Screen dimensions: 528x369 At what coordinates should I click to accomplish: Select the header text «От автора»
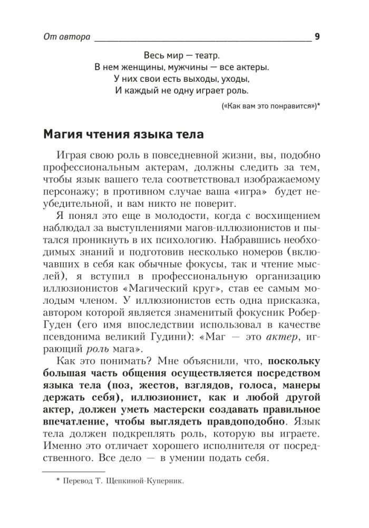66,37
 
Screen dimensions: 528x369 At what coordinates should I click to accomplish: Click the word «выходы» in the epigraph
203,80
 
